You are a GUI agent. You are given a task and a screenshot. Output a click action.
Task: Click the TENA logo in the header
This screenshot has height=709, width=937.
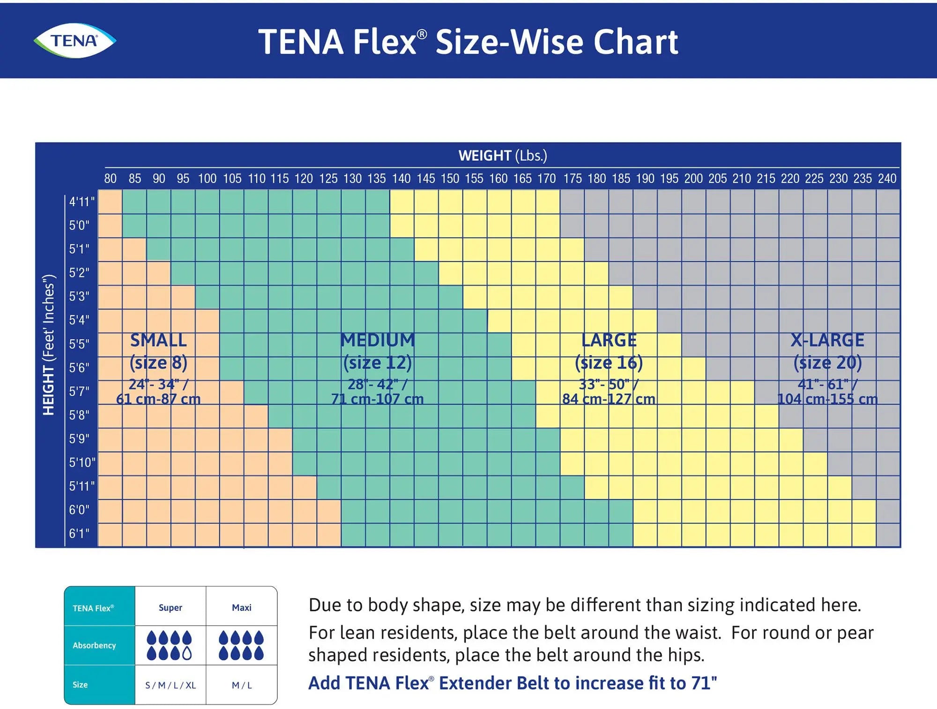point(75,41)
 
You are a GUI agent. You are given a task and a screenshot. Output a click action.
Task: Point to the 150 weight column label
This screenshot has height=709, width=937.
point(450,179)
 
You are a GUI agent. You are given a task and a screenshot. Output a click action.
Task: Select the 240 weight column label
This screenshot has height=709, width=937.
point(887,179)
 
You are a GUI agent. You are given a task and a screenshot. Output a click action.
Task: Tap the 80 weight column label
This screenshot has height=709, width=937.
point(111,179)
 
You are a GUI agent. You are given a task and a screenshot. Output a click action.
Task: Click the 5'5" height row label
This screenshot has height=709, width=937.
point(79,344)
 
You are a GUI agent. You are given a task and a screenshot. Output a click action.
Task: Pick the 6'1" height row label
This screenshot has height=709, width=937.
point(79,533)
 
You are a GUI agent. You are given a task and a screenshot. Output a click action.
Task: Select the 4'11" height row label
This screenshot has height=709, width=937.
point(82,202)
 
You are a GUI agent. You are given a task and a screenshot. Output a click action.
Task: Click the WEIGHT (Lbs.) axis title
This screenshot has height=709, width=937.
point(502,156)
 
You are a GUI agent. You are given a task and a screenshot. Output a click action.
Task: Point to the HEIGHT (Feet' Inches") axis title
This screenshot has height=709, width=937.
point(49,345)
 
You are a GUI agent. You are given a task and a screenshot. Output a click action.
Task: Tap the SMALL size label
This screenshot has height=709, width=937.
point(158,340)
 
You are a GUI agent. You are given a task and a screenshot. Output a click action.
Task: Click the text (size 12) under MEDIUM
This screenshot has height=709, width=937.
point(377,362)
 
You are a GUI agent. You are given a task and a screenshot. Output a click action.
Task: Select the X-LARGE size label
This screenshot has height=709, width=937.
point(827,340)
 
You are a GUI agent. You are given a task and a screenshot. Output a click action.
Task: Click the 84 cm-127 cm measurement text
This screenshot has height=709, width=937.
point(609,399)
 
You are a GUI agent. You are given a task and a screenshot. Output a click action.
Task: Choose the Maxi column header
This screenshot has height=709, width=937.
point(241,608)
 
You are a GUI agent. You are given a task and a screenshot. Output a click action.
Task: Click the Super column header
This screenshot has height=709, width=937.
point(170,608)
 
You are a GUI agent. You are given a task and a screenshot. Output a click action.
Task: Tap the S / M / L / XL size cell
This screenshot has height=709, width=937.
point(170,685)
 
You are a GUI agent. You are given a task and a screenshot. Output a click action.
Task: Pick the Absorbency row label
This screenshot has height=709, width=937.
point(94,645)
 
